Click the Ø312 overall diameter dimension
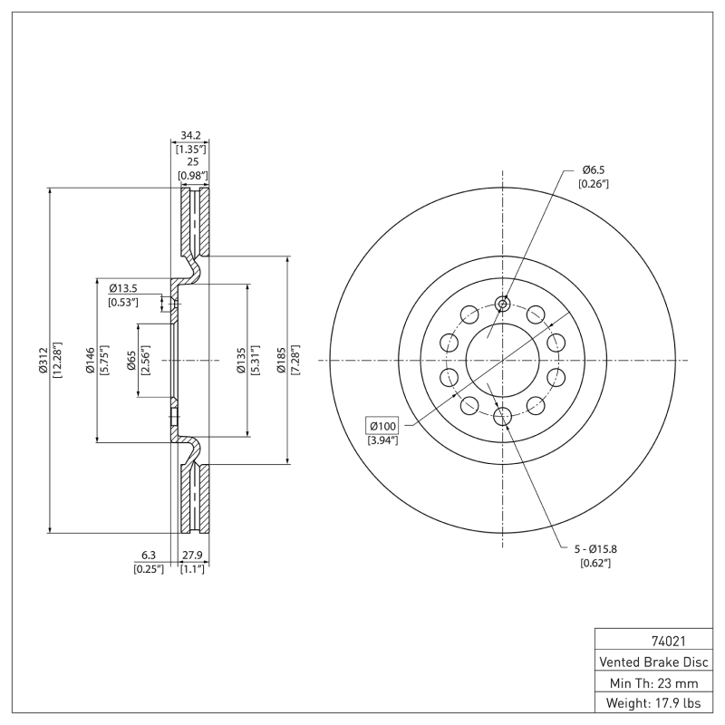tap(42, 361)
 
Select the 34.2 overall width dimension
tap(190, 135)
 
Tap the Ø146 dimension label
tap(91, 361)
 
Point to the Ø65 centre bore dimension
tap(131, 361)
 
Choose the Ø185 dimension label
tap(281, 361)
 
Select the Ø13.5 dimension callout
tap(125, 289)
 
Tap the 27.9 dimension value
tap(191, 555)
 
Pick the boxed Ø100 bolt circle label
tap(382, 426)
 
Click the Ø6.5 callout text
tap(594, 169)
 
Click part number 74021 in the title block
tap(653, 641)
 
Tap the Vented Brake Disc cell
tap(653, 662)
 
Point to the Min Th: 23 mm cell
tap(653, 682)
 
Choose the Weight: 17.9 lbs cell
tap(653, 703)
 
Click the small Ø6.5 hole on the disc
tap(503, 304)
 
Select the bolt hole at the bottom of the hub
tap(503, 417)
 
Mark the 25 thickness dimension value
tap(191, 160)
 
